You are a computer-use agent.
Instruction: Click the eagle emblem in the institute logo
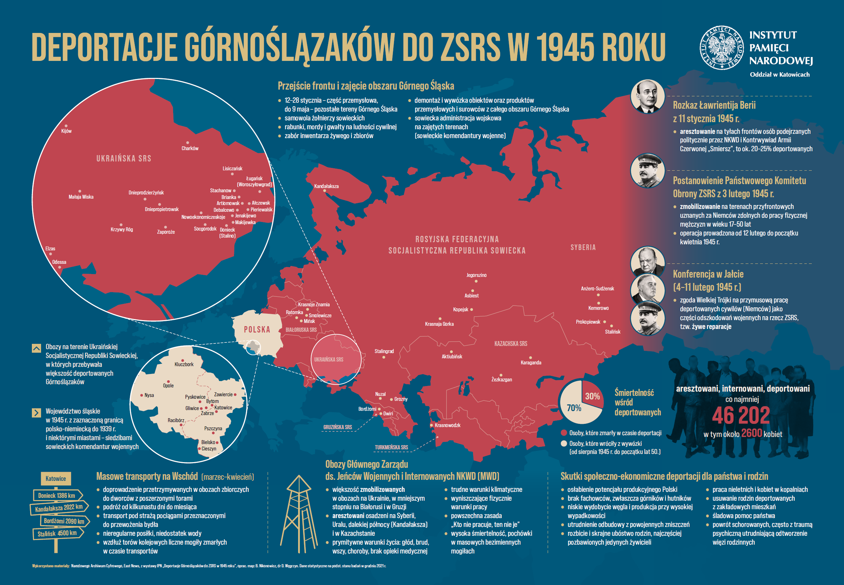coord(722,48)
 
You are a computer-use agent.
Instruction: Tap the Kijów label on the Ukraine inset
coord(66,131)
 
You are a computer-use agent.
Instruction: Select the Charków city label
coord(190,148)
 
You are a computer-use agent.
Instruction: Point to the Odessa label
coord(59,262)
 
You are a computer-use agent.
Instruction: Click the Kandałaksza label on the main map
coord(326,186)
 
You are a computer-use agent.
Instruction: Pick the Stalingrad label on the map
coord(384,351)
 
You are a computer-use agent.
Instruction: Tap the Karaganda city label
coord(531,363)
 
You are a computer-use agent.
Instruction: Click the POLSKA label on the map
coord(257,330)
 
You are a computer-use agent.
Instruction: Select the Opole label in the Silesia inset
coord(168,386)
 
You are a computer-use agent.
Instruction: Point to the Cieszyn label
coord(209,449)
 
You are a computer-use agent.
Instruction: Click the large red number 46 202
coord(741,415)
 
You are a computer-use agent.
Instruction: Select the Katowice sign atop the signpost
coord(56,478)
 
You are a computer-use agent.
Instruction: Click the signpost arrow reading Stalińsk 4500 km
coord(58,533)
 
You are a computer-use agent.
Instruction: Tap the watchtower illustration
coord(299,513)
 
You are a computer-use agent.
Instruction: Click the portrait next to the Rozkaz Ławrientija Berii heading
coord(648,96)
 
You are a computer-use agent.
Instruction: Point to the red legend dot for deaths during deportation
coord(564,433)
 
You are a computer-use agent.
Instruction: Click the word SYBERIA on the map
coord(583,248)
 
